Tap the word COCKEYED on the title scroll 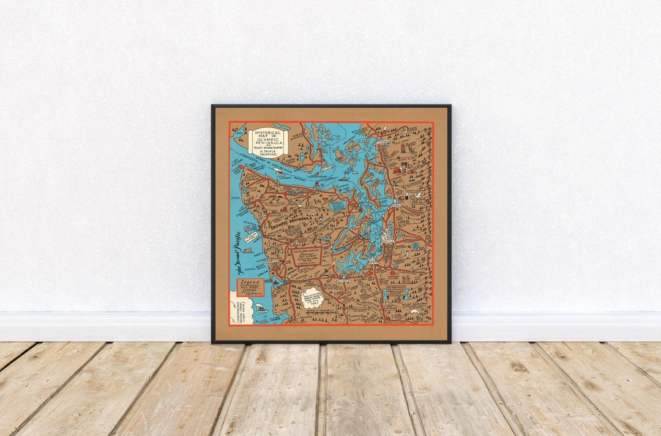pyautogui.click(x=268, y=155)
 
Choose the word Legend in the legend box pyautogui.click(x=251, y=284)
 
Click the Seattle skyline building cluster pyautogui.click(x=386, y=235)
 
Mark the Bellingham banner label pyautogui.click(x=381, y=142)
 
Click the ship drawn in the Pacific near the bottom pyautogui.click(x=261, y=309)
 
